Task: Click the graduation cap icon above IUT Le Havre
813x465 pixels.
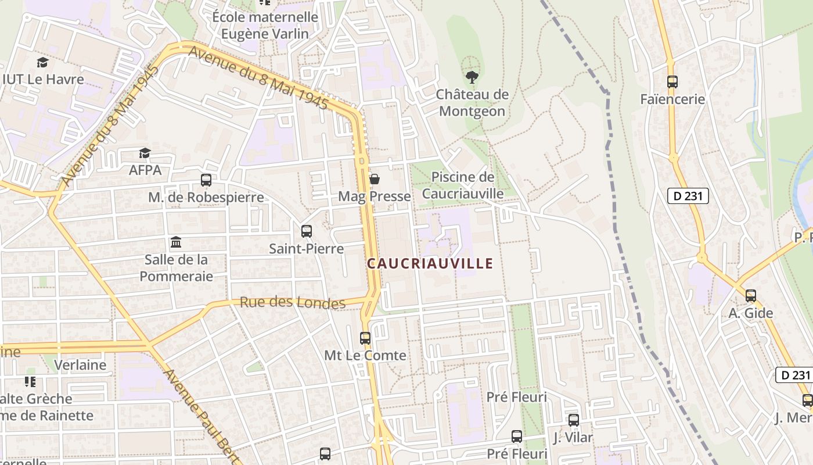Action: (42, 62)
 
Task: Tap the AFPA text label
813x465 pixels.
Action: (145, 170)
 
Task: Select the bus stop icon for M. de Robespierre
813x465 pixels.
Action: (206, 180)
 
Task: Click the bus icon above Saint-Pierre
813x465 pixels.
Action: (307, 231)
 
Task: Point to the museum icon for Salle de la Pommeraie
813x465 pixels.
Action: (176, 242)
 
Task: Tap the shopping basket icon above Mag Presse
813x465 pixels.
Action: (375, 179)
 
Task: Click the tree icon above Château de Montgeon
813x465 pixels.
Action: (472, 77)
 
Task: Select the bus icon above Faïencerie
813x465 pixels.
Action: (672, 82)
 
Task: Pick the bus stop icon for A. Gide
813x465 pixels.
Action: (751, 296)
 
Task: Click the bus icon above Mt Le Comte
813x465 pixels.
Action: (365, 338)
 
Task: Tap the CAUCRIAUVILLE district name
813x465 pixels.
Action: (430, 264)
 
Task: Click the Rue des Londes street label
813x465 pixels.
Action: (293, 302)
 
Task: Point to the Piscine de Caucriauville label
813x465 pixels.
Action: (463, 185)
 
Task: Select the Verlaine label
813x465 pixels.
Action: (80, 365)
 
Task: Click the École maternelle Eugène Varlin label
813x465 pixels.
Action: (265, 26)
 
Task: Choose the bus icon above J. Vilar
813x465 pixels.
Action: (574, 420)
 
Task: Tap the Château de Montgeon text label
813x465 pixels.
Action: (472, 103)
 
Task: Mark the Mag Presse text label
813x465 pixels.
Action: (375, 196)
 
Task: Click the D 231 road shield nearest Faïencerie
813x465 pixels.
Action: (688, 196)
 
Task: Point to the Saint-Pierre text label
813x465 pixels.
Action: (307, 249)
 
